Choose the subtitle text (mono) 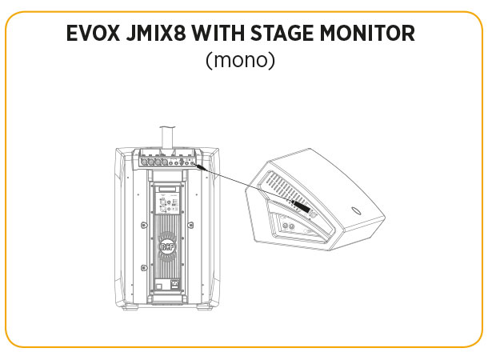(x=240, y=61)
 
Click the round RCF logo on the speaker (x=166, y=249)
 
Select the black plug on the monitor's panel (x=302, y=207)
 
